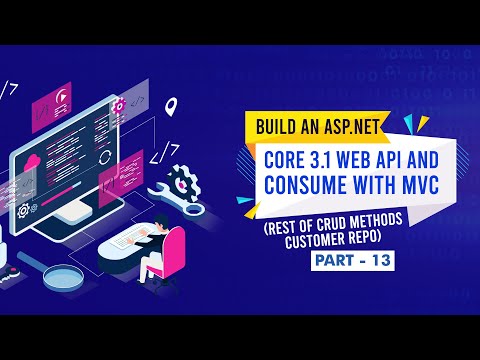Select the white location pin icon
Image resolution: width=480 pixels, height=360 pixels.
(172, 104)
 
